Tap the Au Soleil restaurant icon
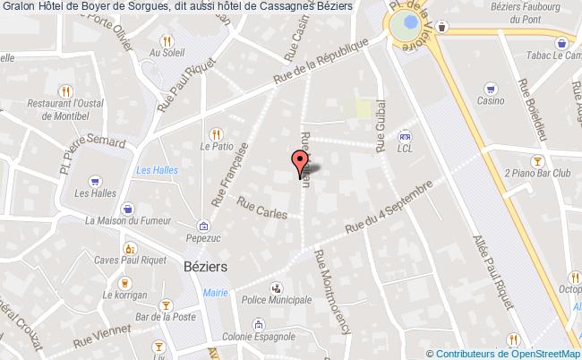[167, 40]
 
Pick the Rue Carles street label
[262, 209]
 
